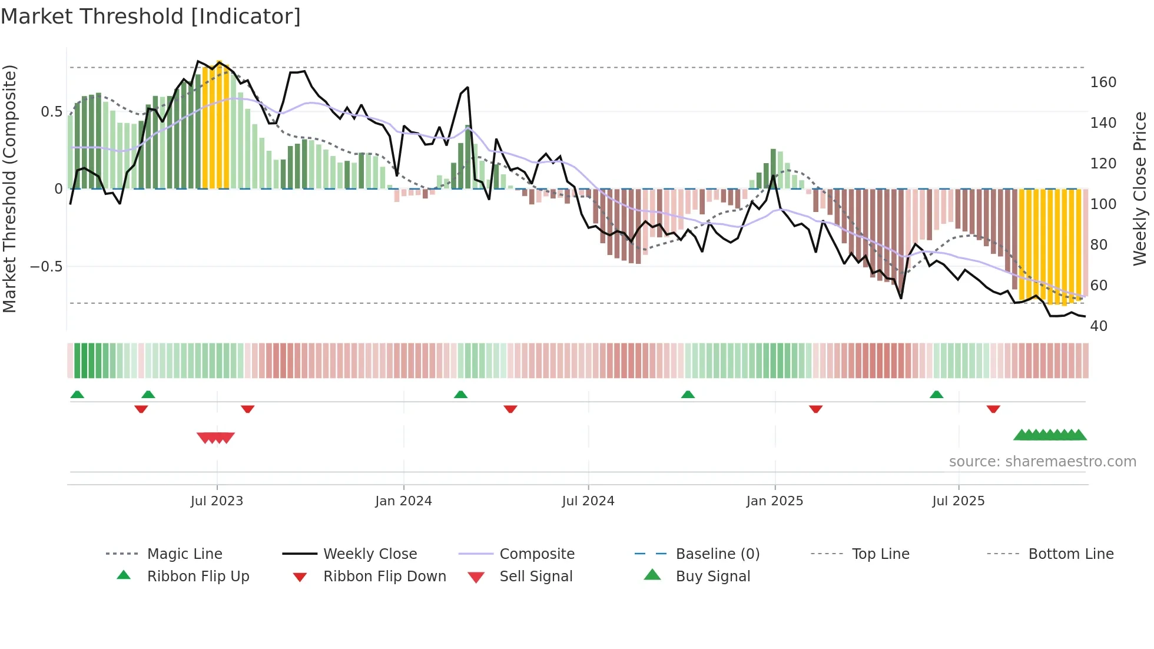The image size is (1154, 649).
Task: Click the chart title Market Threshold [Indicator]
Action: pos(151,16)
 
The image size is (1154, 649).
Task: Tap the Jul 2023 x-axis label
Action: pos(217,501)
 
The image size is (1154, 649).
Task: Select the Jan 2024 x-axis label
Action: pos(403,501)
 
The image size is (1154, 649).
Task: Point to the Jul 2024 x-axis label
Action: pos(588,501)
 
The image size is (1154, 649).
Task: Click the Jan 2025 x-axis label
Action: pos(774,501)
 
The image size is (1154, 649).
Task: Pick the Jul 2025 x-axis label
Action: pos(958,501)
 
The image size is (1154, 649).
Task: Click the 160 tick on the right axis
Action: pos(1103,82)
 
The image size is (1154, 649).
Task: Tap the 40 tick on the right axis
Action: pos(1099,326)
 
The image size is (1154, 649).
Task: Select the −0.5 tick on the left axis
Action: pos(47,267)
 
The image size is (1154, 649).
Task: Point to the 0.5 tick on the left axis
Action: pos(51,112)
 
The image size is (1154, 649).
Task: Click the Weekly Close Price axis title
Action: pos(1140,188)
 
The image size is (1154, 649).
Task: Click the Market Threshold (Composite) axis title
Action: pos(9,188)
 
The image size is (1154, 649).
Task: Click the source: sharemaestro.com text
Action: pos(1042,462)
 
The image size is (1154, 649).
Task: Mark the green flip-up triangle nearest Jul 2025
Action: pos(936,395)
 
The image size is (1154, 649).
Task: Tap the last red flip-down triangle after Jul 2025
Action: pos(993,409)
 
